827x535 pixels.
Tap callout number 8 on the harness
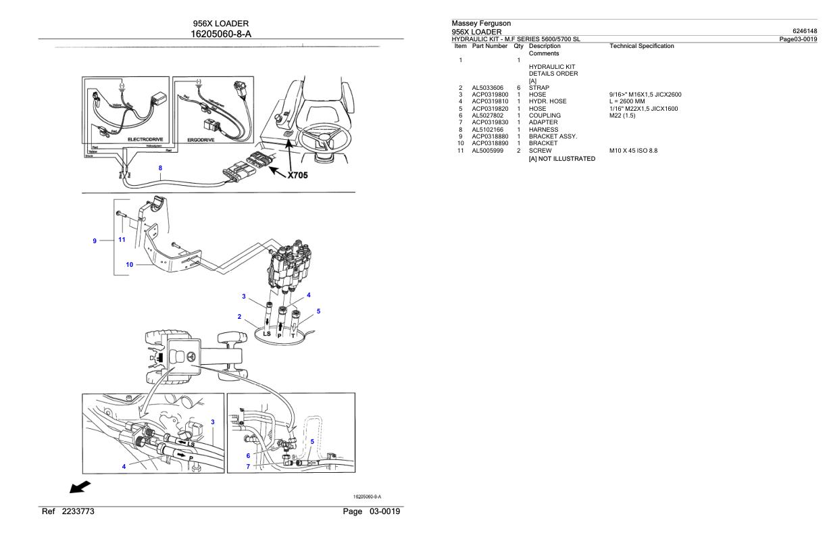[159, 168]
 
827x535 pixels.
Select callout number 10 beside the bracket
[130, 265]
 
